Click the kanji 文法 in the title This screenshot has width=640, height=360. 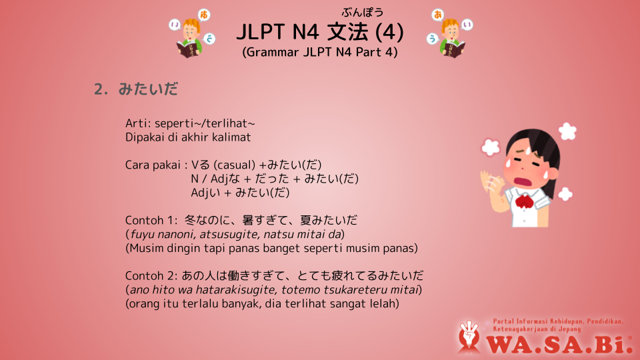pos(347,32)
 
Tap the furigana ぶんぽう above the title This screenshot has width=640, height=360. pos(363,13)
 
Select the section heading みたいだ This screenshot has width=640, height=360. pos(148,89)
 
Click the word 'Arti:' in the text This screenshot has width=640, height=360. pos(139,123)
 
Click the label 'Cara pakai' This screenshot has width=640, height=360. pos(153,165)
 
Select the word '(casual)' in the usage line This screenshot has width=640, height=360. pos(235,165)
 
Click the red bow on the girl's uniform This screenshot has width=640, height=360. pos(524,201)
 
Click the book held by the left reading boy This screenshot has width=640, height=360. pos(189,49)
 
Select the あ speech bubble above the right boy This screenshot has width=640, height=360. pos(437,15)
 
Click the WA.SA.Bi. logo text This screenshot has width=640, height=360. pos(559,345)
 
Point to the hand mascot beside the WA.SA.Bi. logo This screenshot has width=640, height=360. pos(469,336)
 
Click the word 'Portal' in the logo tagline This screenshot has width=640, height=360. pos(503,321)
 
